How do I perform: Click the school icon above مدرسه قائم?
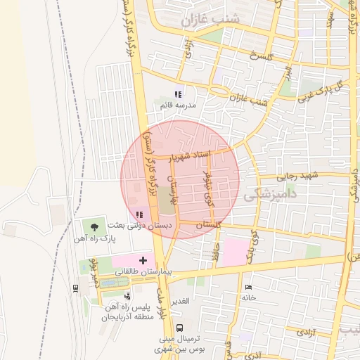tap(178, 94)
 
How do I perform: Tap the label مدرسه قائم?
tap(178, 105)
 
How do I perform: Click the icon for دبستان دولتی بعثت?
tap(139, 214)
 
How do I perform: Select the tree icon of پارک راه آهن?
tap(94, 226)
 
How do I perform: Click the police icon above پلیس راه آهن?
tap(127, 296)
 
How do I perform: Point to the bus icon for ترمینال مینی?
tap(179, 327)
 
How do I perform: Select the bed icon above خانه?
tap(247, 287)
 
